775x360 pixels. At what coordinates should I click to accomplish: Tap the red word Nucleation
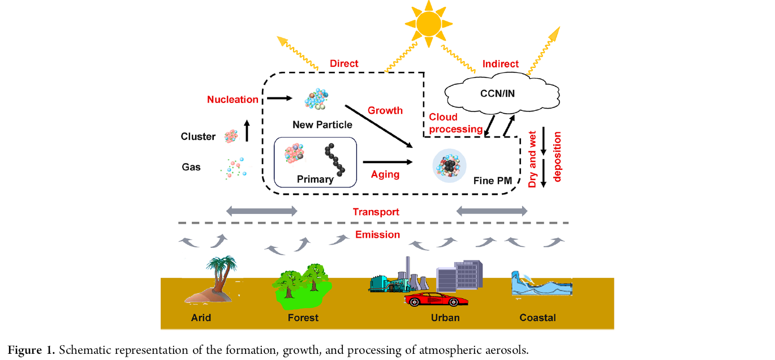[232, 100]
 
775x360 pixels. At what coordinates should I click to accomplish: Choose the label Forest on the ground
[303, 318]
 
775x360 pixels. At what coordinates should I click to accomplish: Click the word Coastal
[537, 318]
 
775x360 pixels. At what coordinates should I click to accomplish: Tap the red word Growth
[385, 110]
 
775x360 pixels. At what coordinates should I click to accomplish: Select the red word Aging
[385, 174]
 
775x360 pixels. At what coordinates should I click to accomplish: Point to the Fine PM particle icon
[449, 166]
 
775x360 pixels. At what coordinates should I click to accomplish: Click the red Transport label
[376, 212]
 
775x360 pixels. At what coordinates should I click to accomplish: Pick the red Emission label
[377, 234]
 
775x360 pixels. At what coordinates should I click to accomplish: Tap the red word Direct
[344, 63]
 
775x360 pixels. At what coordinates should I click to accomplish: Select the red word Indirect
[500, 64]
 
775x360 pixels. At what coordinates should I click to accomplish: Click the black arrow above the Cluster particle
[246, 130]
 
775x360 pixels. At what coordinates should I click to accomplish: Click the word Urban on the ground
[445, 318]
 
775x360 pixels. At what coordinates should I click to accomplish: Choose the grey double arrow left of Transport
[261, 211]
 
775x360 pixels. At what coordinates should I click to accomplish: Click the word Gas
[191, 167]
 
